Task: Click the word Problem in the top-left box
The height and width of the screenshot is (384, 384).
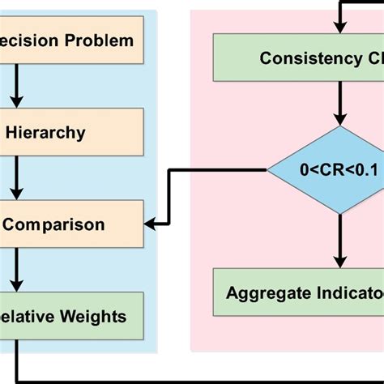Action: pos(100,40)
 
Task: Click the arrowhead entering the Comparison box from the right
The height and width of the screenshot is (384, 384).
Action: pos(151,220)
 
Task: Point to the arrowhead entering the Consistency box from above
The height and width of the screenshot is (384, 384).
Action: pos(340,29)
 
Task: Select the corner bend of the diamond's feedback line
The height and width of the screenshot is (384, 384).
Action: pos(169,170)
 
